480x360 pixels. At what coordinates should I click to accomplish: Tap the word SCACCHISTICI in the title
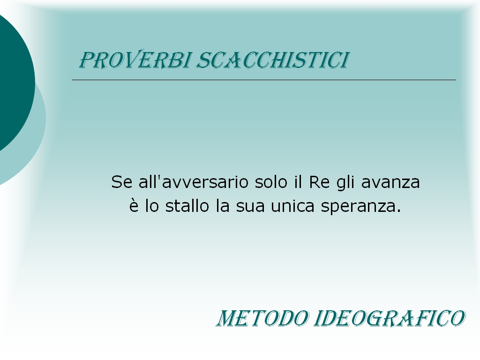tap(272, 60)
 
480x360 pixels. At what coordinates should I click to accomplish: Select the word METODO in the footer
tap(262, 318)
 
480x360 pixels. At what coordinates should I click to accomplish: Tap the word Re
tap(319, 182)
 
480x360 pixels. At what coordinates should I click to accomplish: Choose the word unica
tap(292, 206)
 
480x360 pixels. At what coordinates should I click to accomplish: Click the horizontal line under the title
tap(264, 80)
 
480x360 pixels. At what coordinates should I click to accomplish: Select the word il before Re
tap(298, 182)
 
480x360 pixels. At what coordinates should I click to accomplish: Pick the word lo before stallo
tap(152, 206)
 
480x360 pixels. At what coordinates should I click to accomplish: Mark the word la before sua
tap(223, 206)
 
